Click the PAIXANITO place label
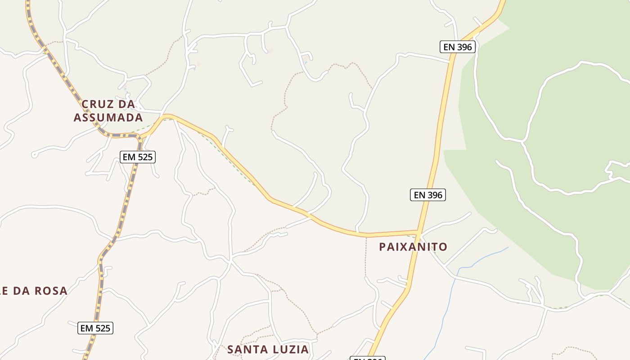pos(413,247)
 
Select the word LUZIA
pos(290,349)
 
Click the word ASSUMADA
pos(108,118)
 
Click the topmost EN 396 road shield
pos(457,46)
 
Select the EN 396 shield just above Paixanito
pos(427,195)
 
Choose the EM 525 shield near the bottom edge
pos(95,328)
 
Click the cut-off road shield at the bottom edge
pos(367,358)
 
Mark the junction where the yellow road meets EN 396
pos(418,233)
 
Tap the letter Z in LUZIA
pos(287,349)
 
